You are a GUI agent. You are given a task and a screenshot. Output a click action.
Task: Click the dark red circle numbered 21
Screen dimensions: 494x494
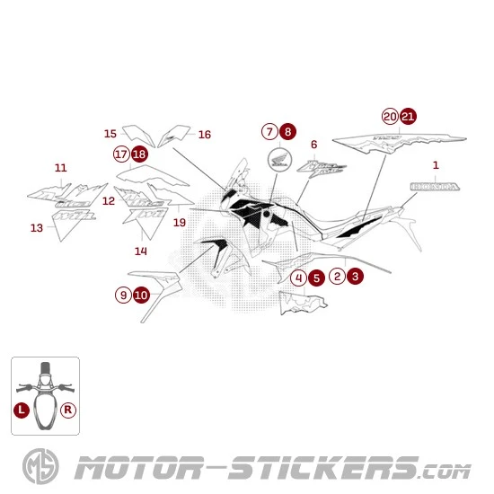408,116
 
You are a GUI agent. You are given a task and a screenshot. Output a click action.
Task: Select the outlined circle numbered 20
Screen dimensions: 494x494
390,116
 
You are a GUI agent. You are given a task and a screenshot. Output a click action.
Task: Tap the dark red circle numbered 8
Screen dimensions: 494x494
287,131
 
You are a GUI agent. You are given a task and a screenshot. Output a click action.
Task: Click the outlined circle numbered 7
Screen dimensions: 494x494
269,131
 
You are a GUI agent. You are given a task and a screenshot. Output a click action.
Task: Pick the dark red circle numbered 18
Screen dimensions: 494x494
139,154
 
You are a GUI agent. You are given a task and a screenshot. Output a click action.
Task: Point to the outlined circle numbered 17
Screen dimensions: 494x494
121,154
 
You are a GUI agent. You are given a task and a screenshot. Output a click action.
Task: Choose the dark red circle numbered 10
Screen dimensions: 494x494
141,294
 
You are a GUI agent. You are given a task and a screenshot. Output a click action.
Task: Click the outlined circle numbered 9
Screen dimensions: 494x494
123,294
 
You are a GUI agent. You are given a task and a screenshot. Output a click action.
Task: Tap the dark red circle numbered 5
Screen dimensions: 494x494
316,278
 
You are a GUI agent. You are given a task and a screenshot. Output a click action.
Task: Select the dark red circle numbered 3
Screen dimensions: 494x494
356,277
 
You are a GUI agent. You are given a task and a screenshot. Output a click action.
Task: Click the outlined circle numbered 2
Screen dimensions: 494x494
338,277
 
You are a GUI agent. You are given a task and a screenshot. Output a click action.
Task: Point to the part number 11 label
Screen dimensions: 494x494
60,168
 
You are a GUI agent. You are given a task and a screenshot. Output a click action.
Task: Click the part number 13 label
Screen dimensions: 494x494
36,228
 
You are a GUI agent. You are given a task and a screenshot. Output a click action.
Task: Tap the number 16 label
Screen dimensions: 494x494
205,135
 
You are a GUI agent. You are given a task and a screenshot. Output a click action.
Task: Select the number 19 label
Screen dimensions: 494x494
180,222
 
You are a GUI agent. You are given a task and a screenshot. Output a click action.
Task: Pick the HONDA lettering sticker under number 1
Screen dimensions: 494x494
436,186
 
